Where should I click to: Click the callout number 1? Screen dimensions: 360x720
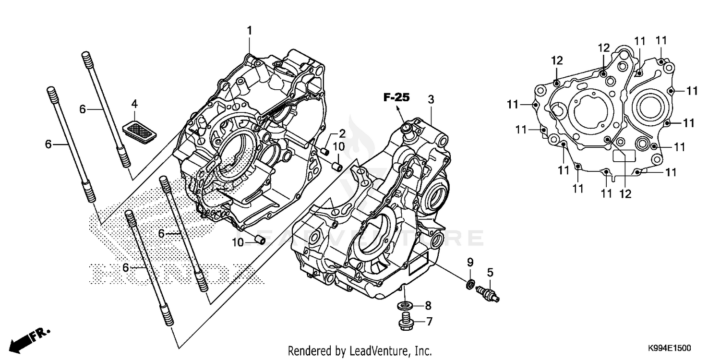[250, 31]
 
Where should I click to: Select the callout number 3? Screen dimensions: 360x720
[431, 99]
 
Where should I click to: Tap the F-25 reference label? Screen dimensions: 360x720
[396, 97]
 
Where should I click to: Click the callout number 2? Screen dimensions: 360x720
[342, 133]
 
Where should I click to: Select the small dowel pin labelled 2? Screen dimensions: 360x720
[325, 151]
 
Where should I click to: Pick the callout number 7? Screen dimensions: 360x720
[429, 321]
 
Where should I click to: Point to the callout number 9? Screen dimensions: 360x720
[470, 262]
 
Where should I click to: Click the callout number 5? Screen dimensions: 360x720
[490, 273]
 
